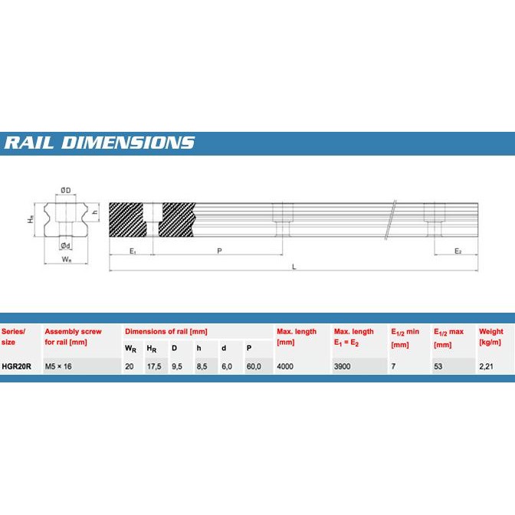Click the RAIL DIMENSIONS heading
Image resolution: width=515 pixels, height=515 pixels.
coord(100,143)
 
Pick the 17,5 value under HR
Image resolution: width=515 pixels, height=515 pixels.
coord(153,366)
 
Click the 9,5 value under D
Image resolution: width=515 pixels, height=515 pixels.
coord(177,366)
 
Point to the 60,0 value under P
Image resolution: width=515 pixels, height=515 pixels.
coord(254,366)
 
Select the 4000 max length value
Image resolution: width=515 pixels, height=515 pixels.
coord(286,366)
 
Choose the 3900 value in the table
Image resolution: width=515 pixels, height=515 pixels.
coord(343,366)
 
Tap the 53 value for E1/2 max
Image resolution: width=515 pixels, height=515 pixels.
coord(438,366)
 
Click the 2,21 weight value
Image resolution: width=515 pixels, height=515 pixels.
coord(487,366)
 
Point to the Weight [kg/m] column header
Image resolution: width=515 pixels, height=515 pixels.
coord(491,337)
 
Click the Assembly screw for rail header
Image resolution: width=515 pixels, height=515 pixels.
coord(73,337)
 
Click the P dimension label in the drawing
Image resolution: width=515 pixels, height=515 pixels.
coord(219,251)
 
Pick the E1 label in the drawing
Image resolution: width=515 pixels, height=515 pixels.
coord(132,251)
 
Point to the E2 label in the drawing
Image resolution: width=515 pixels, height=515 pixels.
coord(458,251)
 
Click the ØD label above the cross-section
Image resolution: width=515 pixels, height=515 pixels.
coord(66,191)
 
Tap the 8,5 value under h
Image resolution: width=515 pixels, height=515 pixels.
coord(202,366)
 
